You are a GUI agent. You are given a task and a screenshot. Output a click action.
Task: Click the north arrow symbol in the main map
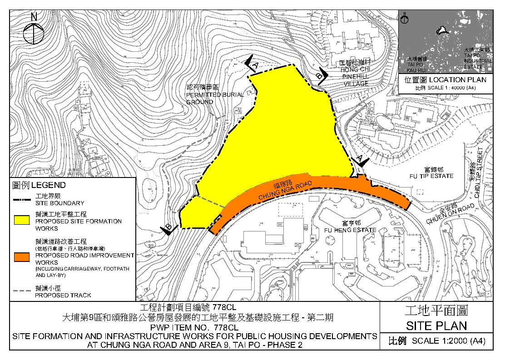pos(34,32)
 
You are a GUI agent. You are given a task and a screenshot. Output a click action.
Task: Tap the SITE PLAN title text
pos(436,325)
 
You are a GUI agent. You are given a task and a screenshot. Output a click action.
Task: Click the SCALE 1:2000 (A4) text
pos(448,341)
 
